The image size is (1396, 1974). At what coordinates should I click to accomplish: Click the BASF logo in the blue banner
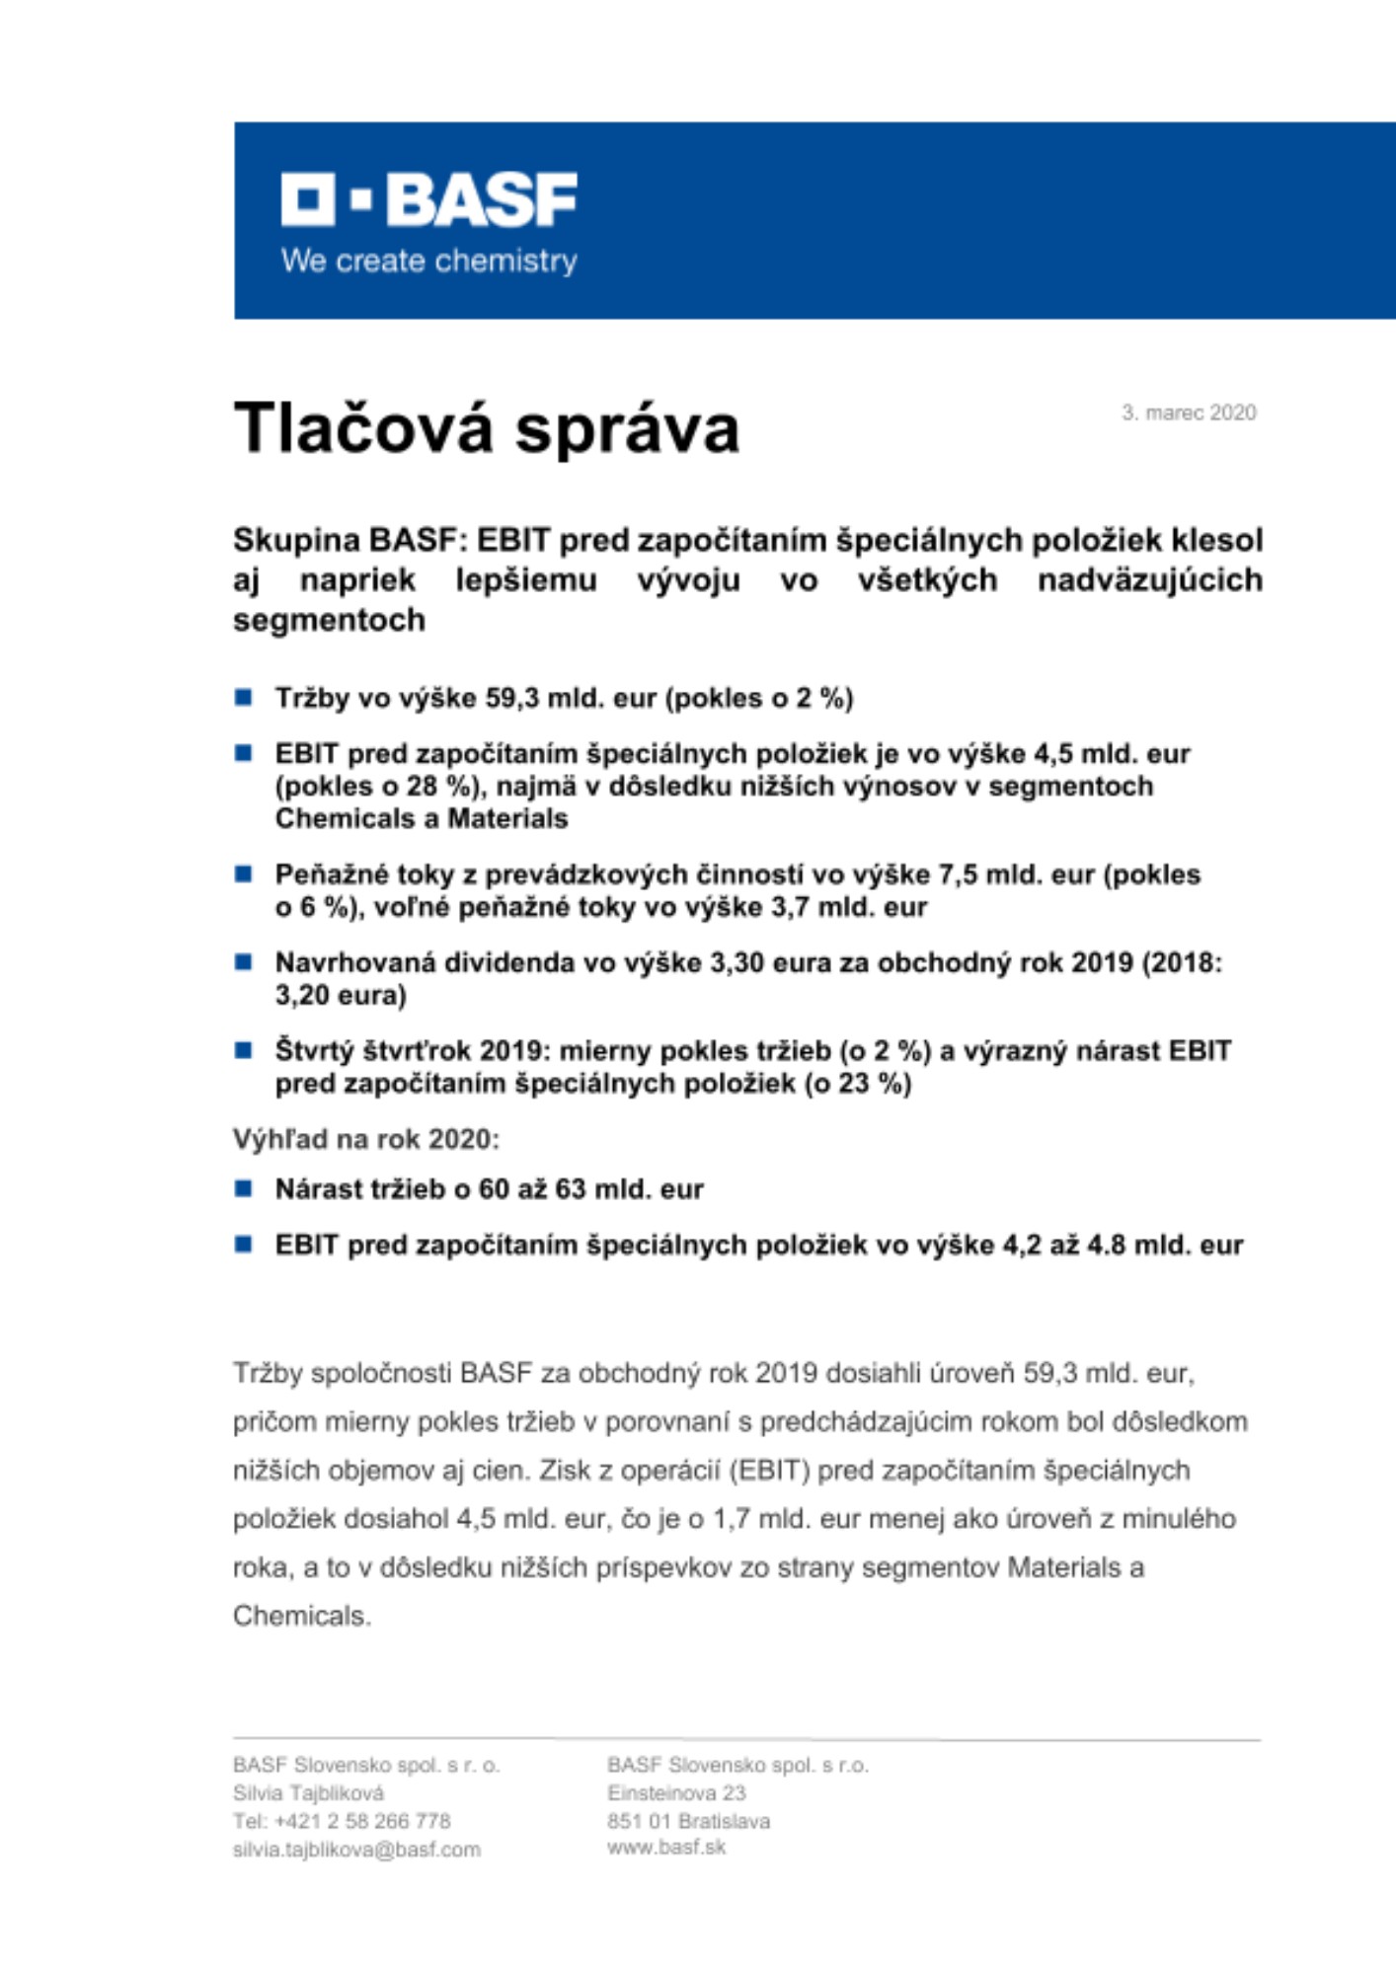[x=428, y=199]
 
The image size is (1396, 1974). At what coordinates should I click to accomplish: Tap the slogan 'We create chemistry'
[x=428, y=262]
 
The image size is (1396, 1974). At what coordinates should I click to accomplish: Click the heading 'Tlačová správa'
[x=486, y=428]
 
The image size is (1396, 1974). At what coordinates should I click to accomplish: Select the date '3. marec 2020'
[x=1188, y=413]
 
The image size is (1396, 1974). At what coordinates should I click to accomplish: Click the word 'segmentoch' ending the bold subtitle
[x=329, y=620]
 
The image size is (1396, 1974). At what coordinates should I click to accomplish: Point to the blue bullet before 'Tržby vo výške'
[x=243, y=698]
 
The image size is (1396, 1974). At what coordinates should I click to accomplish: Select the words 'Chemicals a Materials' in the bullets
[x=422, y=818]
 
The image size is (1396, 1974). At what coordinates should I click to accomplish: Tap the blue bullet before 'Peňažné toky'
[x=243, y=874]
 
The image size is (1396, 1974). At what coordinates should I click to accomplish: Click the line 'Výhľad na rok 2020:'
[x=366, y=1139]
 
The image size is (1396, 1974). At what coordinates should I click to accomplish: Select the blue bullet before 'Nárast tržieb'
[x=243, y=1188]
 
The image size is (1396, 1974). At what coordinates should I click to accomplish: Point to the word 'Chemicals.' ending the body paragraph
[x=301, y=1616]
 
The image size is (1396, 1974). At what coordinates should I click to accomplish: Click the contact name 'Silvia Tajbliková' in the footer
[x=308, y=1792]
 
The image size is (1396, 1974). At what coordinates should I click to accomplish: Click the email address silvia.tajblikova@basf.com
[x=356, y=1850]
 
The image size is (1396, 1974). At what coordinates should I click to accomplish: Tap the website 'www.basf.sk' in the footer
[x=666, y=1847]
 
